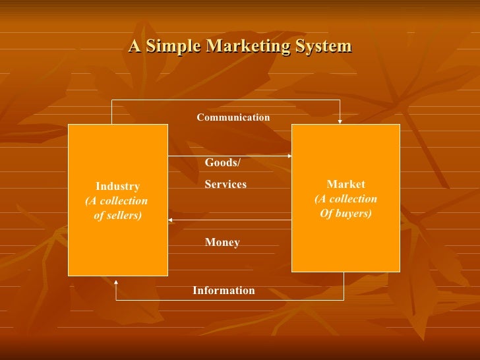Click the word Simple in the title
pyautogui.click(x=170, y=46)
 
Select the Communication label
pyautogui.click(x=233, y=117)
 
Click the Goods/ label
pyautogui.click(x=223, y=162)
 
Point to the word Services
pyautogui.click(x=225, y=185)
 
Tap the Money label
pyautogui.click(x=222, y=243)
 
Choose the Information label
pyautogui.click(x=224, y=290)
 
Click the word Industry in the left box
pyautogui.click(x=117, y=187)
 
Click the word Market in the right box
pyautogui.click(x=345, y=185)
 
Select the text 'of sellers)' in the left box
pyautogui.click(x=117, y=216)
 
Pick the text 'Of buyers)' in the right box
pyautogui.click(x=345, y=214)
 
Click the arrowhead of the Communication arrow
pyautogui.click(x=340, y=121)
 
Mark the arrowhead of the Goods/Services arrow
pyautogui.click(x=289, y=156)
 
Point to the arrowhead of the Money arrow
pyautogui.click(x=171, y=220)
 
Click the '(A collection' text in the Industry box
pyautogui.click(x=117, y=201)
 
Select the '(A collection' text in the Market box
pyautogui.click(x=345, y=199)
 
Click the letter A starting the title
pyautogui.click(x=135, y=46)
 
